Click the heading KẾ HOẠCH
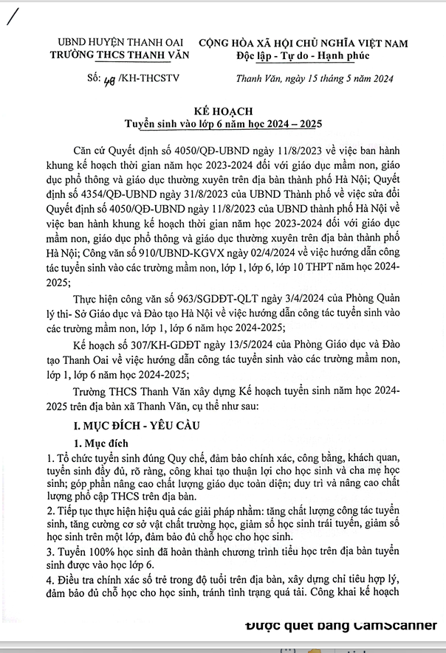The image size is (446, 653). pyautogui.click(x=223, y=108)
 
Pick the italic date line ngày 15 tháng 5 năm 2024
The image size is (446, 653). pyautogui.click(x=314, y=79)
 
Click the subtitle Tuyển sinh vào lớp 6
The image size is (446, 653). pyautogui.click(x=223, y=121)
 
